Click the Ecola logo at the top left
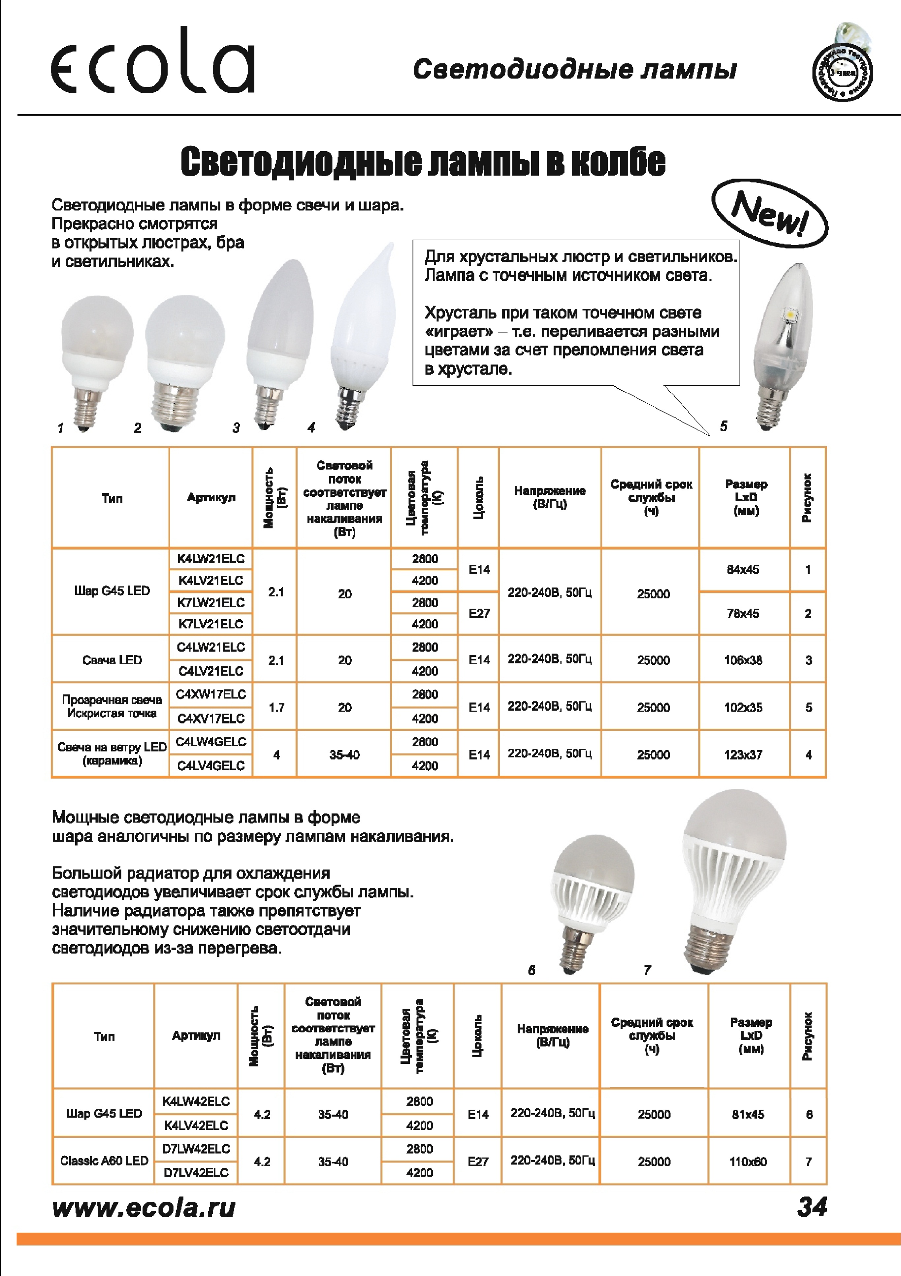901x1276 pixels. (153, 61)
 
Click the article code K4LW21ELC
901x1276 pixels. (210, 558)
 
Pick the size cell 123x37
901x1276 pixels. (743, 755)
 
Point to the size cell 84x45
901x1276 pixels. (743, 570)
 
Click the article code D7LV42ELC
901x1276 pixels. (196, 1173)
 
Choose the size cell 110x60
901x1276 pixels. (748, 1161)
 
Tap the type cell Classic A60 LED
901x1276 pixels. (104, 1161)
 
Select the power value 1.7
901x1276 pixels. (276, 707)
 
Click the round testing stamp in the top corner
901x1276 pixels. (842, 72)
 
